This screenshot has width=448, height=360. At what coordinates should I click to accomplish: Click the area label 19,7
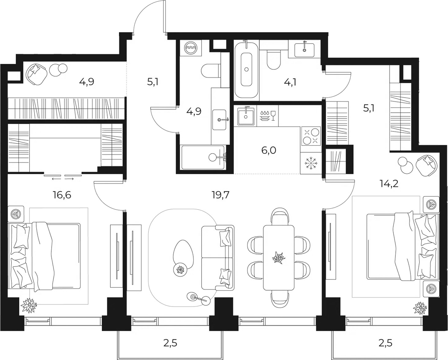pyautogui.click(x=220, y=195)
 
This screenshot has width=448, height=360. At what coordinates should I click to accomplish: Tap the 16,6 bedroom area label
pyautogui.click(x=62, y=195)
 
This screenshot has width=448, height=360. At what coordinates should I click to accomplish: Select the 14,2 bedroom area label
pyautogui.click(x=389, y=183)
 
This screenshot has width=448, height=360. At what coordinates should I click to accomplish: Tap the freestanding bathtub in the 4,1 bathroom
pyautogui.click(x=246, y=69)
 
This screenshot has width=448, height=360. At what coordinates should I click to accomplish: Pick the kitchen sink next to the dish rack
pyautogui.click(x=246, y=116)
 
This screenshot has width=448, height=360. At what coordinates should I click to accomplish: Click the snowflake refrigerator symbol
pyautogui.click(x=311, y=163)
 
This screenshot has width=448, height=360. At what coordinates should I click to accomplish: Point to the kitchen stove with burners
pyautogui.click(x=311, y=137)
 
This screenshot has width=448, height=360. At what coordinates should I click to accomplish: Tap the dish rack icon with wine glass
pyautogui.click(x=268, y=115)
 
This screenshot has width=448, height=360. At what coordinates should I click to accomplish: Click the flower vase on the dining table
pyautogui.click(x=278, y=257)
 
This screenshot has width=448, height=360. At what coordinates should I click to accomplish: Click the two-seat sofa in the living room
pyautogui.click(x=218, y=257)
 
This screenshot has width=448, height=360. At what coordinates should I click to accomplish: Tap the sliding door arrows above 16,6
pyautogui.click(x=63, y=179)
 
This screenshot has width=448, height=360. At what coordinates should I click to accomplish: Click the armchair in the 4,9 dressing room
pyautogui.click(x=36, y=74)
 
